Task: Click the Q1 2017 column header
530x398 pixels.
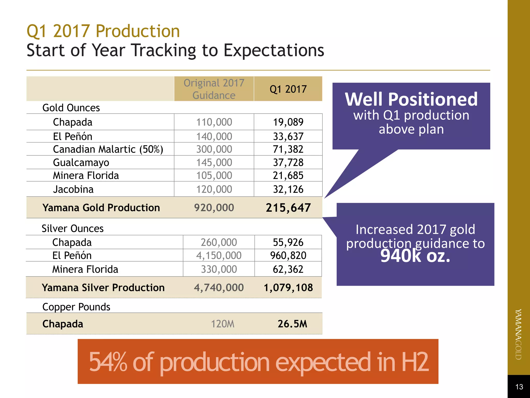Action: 288,89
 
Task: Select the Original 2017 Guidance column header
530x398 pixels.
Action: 214,89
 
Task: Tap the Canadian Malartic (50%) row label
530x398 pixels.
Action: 108,149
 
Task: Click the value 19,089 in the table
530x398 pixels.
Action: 288,122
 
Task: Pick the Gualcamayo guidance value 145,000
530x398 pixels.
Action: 214,162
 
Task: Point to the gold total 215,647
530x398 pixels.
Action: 288,208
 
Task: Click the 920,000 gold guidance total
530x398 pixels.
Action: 214,208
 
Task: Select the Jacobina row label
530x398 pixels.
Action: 73,189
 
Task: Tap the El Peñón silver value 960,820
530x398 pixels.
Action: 288,255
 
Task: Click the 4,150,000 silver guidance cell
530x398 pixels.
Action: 219,255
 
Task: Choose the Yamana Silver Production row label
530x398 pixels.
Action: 103,288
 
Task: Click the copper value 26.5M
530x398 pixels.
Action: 292,324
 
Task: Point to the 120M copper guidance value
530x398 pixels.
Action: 223,324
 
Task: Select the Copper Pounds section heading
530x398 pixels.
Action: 76,307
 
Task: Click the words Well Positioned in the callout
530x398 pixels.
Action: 411,99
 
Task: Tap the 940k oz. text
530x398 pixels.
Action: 415,256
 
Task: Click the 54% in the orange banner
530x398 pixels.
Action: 108,362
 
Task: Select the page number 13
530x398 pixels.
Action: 519,387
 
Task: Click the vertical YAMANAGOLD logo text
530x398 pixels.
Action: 518,334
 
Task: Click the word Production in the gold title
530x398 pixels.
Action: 138,31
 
